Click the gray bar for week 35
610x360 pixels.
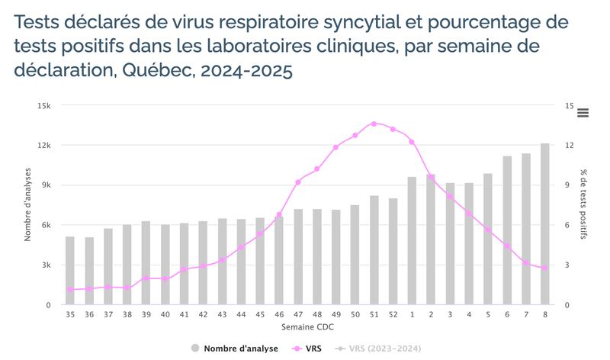[70, 271]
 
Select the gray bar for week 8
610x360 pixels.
[545, 224]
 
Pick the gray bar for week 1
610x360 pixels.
[412, 241]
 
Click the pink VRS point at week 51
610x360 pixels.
[374, 124]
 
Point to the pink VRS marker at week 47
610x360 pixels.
[298, 182]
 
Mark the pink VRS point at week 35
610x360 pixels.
[70, 290]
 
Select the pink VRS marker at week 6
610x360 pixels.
[507, 246]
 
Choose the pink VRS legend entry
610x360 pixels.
[313, 349]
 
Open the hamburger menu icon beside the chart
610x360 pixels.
[583, 113]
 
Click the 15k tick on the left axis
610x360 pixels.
[44, 106]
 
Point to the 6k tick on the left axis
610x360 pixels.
[46, 225]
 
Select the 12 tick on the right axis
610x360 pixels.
[569, 146]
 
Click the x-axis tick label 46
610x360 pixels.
[279, 314]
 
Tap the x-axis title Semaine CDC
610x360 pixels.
[307, 327]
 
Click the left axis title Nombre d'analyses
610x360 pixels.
[28, 204]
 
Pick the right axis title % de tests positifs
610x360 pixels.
[583, 204]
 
